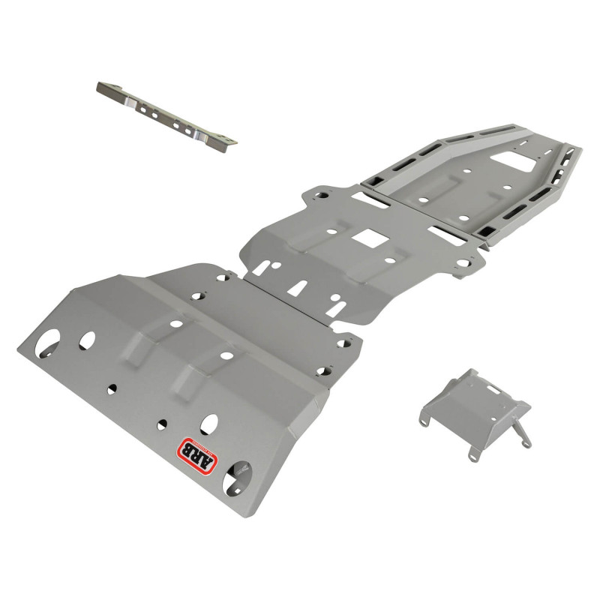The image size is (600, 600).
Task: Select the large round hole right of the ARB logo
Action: (x=241, y=473)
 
